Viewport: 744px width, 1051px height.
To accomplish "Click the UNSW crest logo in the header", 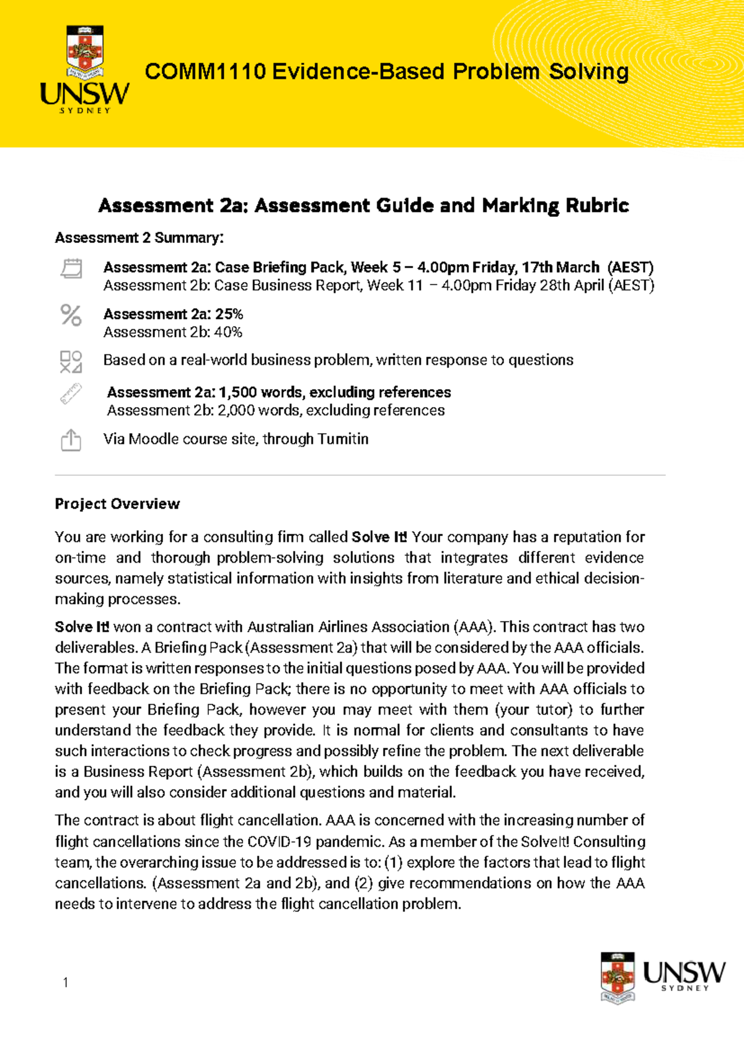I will tap(85, 52).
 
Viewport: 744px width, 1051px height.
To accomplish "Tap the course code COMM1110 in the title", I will tap(205, 72).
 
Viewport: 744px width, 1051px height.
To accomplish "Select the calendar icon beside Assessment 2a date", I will tap(71, 268).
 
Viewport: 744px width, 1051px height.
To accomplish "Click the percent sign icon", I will tap(71, 315).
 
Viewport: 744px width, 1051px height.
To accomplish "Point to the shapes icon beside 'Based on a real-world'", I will tap(71, 361).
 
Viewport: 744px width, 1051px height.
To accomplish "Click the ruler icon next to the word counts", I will tap(71, 394).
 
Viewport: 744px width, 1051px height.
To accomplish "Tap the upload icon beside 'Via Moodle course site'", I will tap(71, 440).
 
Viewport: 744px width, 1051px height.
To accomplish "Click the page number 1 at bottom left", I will tap(66, 982).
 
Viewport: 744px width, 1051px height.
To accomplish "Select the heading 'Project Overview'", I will tap(117, 504).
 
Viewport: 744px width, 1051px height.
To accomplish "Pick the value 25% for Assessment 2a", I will tap(229, 314).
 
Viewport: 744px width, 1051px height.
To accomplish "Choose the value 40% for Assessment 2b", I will tap(228, 332).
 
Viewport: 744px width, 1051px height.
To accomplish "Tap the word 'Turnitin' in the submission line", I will tap(342, 439).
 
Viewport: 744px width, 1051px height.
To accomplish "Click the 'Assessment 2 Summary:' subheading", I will tap(139, 238).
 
